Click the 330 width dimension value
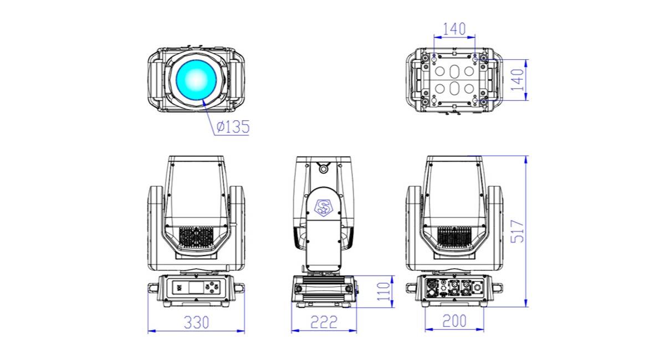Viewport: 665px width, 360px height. [197, 322]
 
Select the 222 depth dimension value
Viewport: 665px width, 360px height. [324, 322]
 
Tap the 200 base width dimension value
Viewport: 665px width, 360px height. [454, 321]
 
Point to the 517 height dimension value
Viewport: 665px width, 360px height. [518, 231]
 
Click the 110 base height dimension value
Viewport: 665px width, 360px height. [383, 291]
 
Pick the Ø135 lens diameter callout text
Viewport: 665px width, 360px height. [233, 127]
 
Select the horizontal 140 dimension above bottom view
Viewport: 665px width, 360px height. [454, 29]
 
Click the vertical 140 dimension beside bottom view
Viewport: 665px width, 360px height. [518, 80]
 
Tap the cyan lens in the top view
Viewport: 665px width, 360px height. [196, 80]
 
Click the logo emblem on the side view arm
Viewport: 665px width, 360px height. [323, 207]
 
